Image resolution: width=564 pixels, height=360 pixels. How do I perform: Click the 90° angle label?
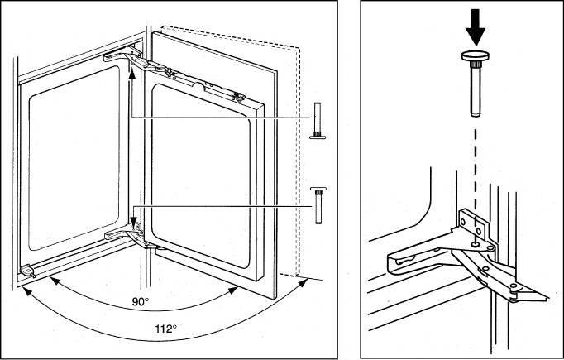(140, 302)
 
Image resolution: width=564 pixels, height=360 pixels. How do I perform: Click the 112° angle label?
(166, 329)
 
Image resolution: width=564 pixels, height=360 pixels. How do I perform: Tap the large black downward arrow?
(476, 27)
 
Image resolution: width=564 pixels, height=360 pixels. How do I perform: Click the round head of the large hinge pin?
(476, 56)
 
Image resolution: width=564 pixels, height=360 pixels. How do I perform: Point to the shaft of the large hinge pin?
(476, 91)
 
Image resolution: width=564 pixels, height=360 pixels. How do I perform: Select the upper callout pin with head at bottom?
(318, 121)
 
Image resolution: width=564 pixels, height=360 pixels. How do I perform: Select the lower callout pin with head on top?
(318, 205)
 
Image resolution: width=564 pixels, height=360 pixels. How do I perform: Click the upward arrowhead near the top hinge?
(132, 74)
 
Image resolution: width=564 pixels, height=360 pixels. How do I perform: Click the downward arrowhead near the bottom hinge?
(134, 222)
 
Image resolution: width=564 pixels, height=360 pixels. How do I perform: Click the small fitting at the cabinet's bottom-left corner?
(27, 271)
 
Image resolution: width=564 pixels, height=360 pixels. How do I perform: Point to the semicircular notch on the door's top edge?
(198, 86)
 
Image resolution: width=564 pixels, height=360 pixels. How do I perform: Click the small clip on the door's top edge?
(238, 97)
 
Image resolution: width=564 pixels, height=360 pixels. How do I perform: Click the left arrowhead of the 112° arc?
(27, 291)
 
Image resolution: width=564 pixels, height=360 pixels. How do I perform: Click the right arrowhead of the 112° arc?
(303, 282)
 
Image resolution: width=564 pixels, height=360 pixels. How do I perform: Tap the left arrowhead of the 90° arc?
(55, 281)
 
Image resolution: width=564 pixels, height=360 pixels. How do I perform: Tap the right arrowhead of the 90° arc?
(233, 290)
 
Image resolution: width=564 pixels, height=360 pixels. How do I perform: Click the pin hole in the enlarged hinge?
(476, 244)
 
